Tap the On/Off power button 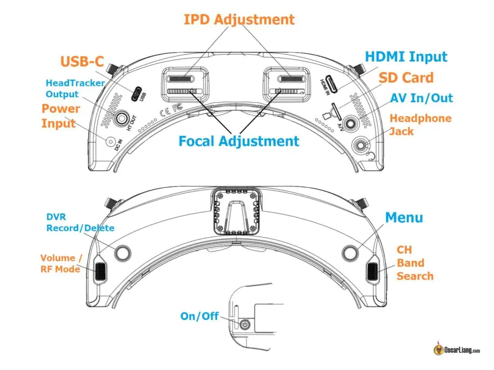(246, 325)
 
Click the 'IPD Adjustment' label (239, 19)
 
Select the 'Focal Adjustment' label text (239, 141)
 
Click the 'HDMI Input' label (406, 56)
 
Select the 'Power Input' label (58, 116)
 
